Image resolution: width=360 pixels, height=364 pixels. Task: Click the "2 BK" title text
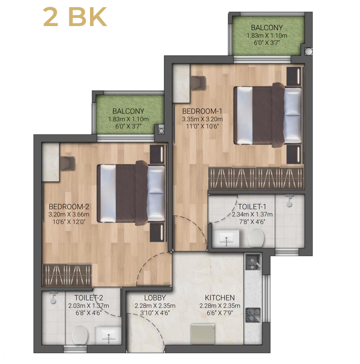[75, 17]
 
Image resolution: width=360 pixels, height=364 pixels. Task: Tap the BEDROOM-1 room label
[202, 111]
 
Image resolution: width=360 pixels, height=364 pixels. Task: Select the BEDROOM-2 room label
[69, 207]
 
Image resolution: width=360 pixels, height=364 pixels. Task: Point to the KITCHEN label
[220, 297]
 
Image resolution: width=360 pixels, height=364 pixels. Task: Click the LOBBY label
[155, 297]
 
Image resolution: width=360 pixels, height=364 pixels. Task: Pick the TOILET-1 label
[252, 207]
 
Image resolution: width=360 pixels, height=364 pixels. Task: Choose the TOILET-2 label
[89, 297]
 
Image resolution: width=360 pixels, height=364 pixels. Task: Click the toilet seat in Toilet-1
[256, 238]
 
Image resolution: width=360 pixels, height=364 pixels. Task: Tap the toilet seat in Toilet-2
[80, 335]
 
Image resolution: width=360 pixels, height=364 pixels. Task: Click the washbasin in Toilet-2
[108, 335]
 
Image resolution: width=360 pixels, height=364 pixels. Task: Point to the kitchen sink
[253, 262]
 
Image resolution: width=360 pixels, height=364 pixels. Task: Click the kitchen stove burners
[253, 315]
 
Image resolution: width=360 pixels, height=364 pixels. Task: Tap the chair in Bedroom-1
[198, 83]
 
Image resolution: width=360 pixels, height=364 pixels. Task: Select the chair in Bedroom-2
[67, 164]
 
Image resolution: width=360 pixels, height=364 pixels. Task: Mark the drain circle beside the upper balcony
[309, 51]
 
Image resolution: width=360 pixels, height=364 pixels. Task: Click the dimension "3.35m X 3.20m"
[202, 119]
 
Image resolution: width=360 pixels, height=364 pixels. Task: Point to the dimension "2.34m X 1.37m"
[252, 214]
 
